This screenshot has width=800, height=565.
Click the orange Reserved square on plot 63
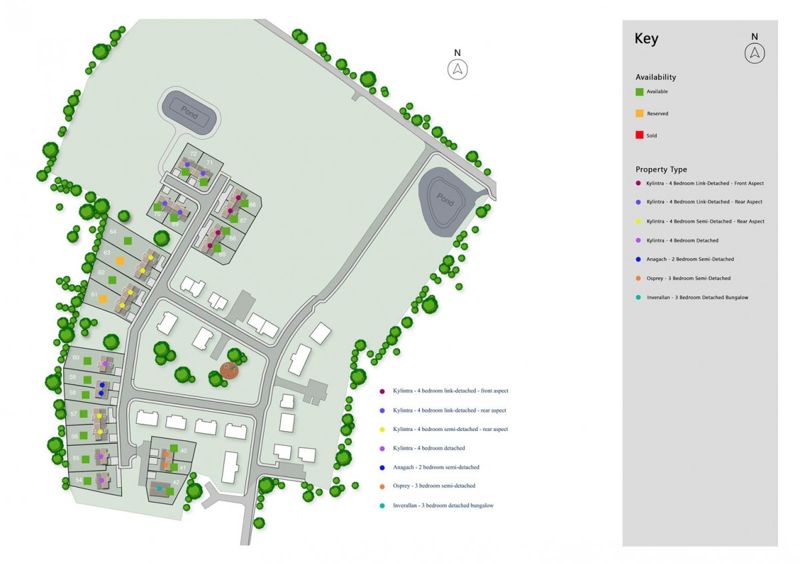point(120,261)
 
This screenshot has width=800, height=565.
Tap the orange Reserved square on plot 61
point(103,300)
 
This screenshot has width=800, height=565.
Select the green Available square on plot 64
point(128,241)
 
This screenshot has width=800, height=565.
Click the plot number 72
point(193,154)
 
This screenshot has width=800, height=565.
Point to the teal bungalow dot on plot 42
point(159,489)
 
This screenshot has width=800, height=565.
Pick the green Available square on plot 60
point(87,361)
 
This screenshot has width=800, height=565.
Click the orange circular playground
point(229,370)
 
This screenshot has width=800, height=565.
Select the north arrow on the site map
point(458,69)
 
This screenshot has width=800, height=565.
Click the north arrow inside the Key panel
point(755,53)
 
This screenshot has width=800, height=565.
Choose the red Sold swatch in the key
point(639,135)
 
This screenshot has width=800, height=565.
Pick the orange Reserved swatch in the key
point(639,113)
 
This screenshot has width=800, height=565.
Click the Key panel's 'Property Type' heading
point(661,170)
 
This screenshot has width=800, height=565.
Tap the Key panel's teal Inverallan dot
point(639,297)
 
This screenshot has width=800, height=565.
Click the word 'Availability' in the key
point(655,77)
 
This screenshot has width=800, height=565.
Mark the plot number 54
point(78,480)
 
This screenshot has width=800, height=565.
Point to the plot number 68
point(253,205)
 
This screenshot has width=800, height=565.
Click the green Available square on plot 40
point(173,448)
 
